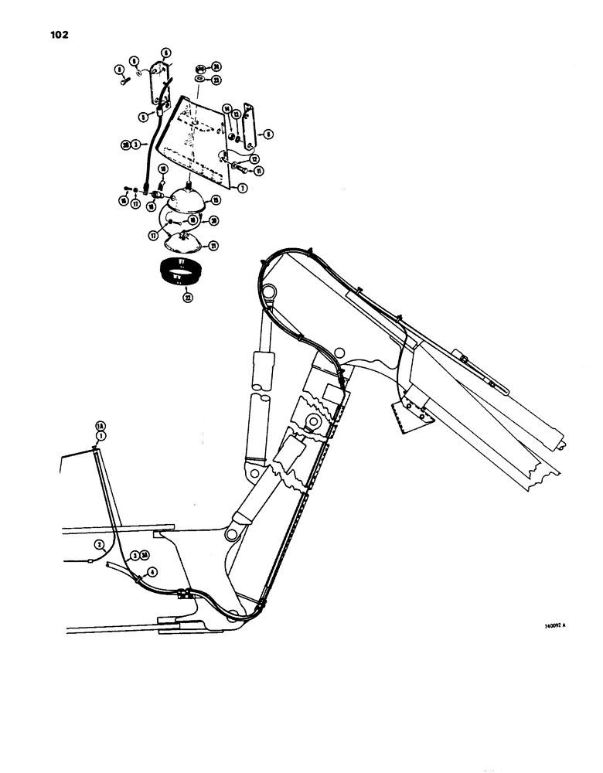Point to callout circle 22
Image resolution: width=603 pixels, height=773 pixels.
pyautogui.click(x=186, y=295)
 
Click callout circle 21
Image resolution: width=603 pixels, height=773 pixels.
pyautogui.click(x=213, y=246)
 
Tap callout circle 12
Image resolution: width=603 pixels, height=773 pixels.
pyautogui.click(x=256, y=160)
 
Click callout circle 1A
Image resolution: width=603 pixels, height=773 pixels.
pyautogui.click(x=99, y=426)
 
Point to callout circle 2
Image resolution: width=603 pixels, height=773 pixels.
pyautogui.click(x=99, y=544)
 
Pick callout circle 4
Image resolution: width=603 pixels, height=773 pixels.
pyautogui.click(x=152, y=572)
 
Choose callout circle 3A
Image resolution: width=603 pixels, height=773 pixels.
pyautogui.click(x=145, y=555)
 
